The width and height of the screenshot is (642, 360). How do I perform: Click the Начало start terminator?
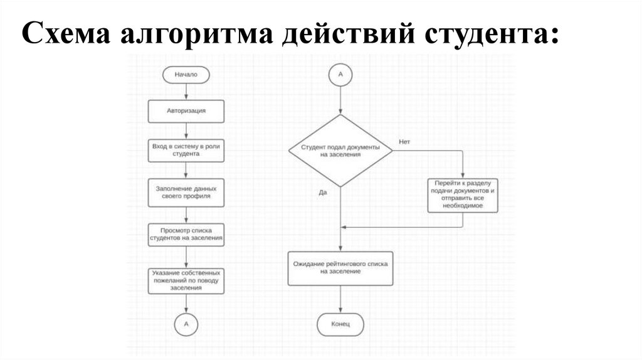pyautogui.click(x=186, y=75)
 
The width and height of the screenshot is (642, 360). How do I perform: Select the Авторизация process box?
pyautogui.click(x=186, y=111)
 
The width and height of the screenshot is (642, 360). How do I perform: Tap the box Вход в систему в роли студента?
pyautogui.click(x=186, y=149)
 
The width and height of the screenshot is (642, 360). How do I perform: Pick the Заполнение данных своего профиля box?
pyautogui.click(x=186, y=192)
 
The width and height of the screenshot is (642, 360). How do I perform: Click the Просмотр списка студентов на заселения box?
pyautogui.click(x=186, y=235)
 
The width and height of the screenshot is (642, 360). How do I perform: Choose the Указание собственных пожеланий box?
pyautogui.click(x=186, y=281)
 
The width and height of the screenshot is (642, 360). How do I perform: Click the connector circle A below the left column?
pyautogui.click(x=186, y=324)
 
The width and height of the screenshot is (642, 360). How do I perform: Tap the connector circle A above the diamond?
pyautogui.click(x=340, y=74)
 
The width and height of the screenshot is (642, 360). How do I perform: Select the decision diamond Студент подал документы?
pyautogui.click(x=340, y=151)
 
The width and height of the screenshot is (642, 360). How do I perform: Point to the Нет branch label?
pyautogui.click(x=404, y=142)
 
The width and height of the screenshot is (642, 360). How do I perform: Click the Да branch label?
pyautogui.click(x=323, y=192)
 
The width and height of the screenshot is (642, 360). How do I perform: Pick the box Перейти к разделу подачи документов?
pyautogui.click(x=463, y=196)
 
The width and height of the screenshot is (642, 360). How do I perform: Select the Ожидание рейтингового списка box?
pyautogui.click(x=340, y=268)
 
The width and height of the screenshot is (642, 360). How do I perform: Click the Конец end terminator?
pyautogui.click(x=340, y=324)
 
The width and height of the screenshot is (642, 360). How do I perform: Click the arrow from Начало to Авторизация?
pyautogui.click(x=186, y=92)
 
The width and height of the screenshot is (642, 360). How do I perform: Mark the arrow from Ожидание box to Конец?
pyautogui.click(x=340, y=299)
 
